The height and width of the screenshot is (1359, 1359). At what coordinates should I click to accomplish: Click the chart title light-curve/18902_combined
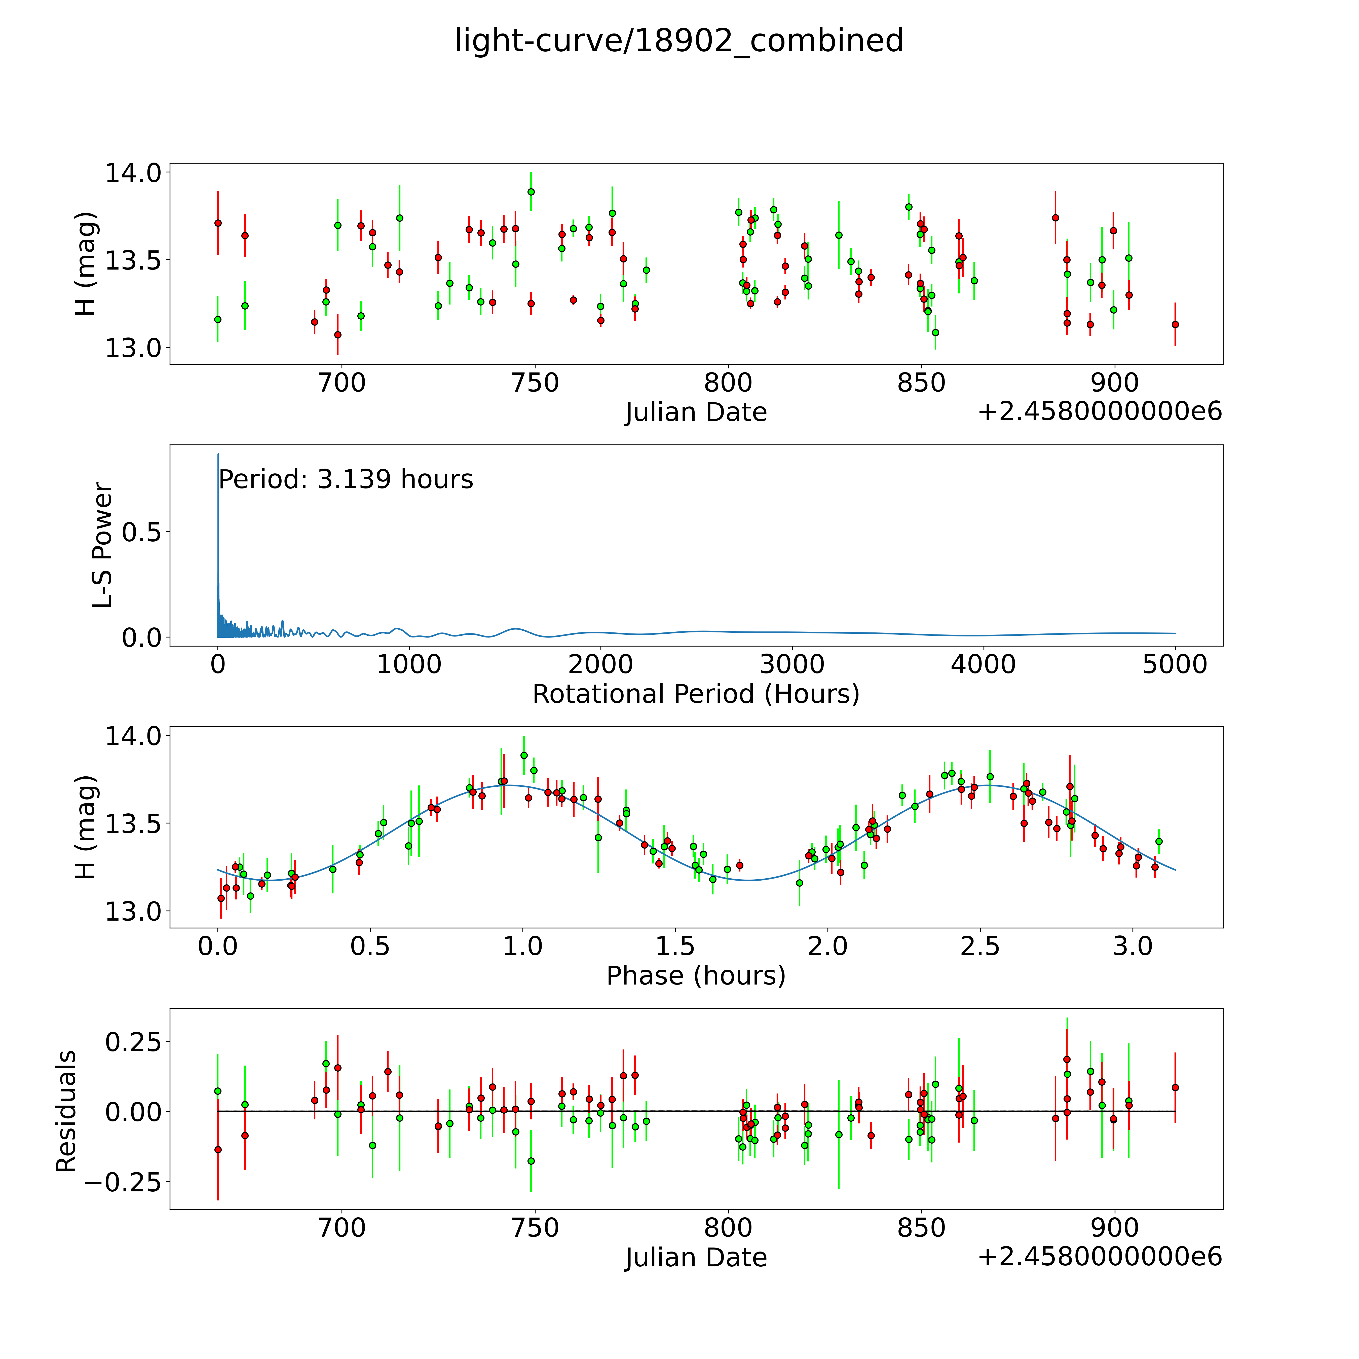679,41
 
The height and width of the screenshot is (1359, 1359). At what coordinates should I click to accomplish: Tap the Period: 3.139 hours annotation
345,480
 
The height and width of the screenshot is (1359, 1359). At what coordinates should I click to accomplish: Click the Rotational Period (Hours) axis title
696,694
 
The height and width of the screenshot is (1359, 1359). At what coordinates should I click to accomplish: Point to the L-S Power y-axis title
103,545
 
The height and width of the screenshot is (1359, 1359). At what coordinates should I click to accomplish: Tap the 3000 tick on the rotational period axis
792,665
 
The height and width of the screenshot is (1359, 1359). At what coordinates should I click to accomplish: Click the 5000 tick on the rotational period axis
1175,665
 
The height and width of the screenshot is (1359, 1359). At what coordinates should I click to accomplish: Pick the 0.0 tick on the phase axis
218,947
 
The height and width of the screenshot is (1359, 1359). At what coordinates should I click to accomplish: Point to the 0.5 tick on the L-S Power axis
141,533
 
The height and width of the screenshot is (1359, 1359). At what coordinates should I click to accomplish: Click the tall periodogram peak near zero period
218,456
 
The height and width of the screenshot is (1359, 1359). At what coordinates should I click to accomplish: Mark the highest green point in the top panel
531,191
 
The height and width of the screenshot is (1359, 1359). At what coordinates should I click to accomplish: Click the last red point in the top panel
1175,324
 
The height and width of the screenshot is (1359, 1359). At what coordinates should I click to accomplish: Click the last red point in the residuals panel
1175,1087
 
